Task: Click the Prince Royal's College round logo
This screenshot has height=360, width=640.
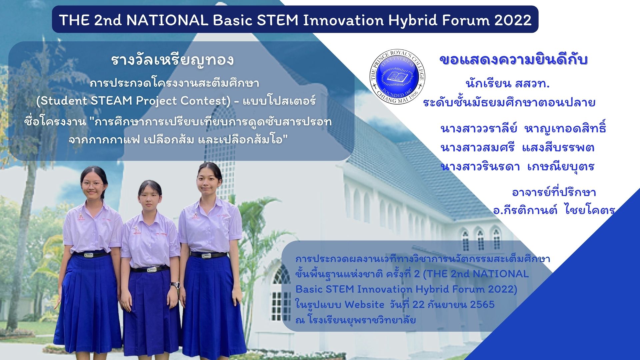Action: pos(397,77)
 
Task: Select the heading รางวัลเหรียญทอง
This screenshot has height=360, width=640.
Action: pos(172,60)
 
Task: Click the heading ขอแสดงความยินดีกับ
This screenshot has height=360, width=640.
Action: pos(513,60)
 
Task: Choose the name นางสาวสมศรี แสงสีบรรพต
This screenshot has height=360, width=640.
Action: pos(517,147)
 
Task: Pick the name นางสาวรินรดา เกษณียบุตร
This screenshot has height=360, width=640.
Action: pos(517,166)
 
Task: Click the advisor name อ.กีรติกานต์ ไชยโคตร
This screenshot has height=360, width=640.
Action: pos(554,210)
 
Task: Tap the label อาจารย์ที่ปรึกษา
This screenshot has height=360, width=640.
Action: pos(554,192)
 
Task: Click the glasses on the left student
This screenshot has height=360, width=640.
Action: pos(92,184)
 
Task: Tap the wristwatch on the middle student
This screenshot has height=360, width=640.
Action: pos(175,285)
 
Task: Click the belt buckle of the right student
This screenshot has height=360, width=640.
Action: pos(206,256)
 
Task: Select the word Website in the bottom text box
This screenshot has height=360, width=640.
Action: pos(364,304)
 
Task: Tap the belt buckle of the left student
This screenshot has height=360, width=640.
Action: pos(89,255)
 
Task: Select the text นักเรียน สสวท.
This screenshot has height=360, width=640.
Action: pos(508,83)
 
